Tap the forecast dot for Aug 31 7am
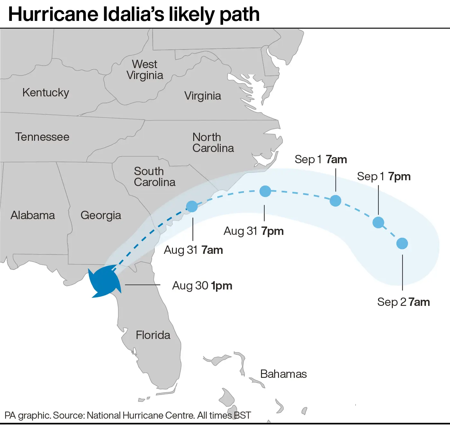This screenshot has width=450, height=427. (192, 206)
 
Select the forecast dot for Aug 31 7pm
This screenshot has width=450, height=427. (265, 191)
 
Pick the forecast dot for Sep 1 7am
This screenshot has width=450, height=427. (335, 201)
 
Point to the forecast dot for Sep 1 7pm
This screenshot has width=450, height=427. (378, 222)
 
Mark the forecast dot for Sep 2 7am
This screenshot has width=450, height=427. (402, 244)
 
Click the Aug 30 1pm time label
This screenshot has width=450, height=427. (202, 286)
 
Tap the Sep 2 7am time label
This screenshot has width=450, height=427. (403, 302)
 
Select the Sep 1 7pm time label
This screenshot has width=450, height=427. (384, 176)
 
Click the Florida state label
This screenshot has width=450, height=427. (153, 335)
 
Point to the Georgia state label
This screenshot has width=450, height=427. (101, 215)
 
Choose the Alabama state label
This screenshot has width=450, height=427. (33, 215)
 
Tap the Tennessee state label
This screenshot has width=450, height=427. (42, 137)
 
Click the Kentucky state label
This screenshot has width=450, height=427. (46, 93)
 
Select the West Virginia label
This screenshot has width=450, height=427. (145, 70)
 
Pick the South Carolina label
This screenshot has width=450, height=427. (155, 177)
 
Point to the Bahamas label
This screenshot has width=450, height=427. (283, 374)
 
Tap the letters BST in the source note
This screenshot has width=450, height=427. (243, 415)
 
